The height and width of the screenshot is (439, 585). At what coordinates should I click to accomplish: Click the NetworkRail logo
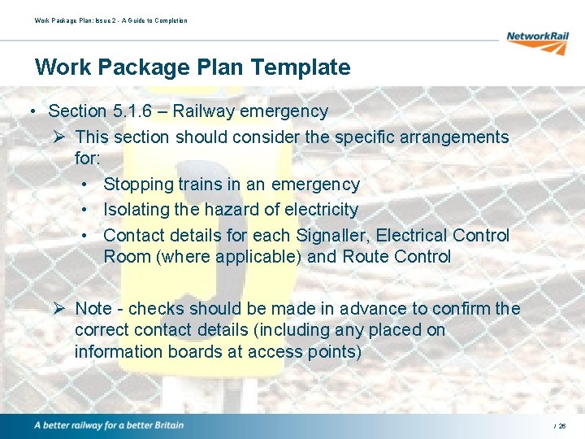537,41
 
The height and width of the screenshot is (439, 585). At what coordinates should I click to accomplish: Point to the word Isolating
136,210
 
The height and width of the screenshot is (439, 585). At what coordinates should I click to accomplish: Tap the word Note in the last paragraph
93,309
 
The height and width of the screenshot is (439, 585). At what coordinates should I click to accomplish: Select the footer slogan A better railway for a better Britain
109,425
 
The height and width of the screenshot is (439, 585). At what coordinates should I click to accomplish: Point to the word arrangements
446,137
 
